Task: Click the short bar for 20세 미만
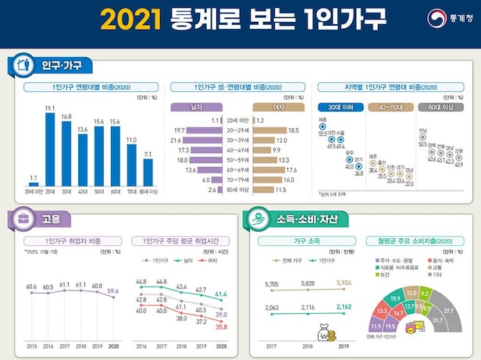click(33, 185)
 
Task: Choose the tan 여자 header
click(276, 106)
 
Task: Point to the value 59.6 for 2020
click(115, 290)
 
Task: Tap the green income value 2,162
click(344, 308)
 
